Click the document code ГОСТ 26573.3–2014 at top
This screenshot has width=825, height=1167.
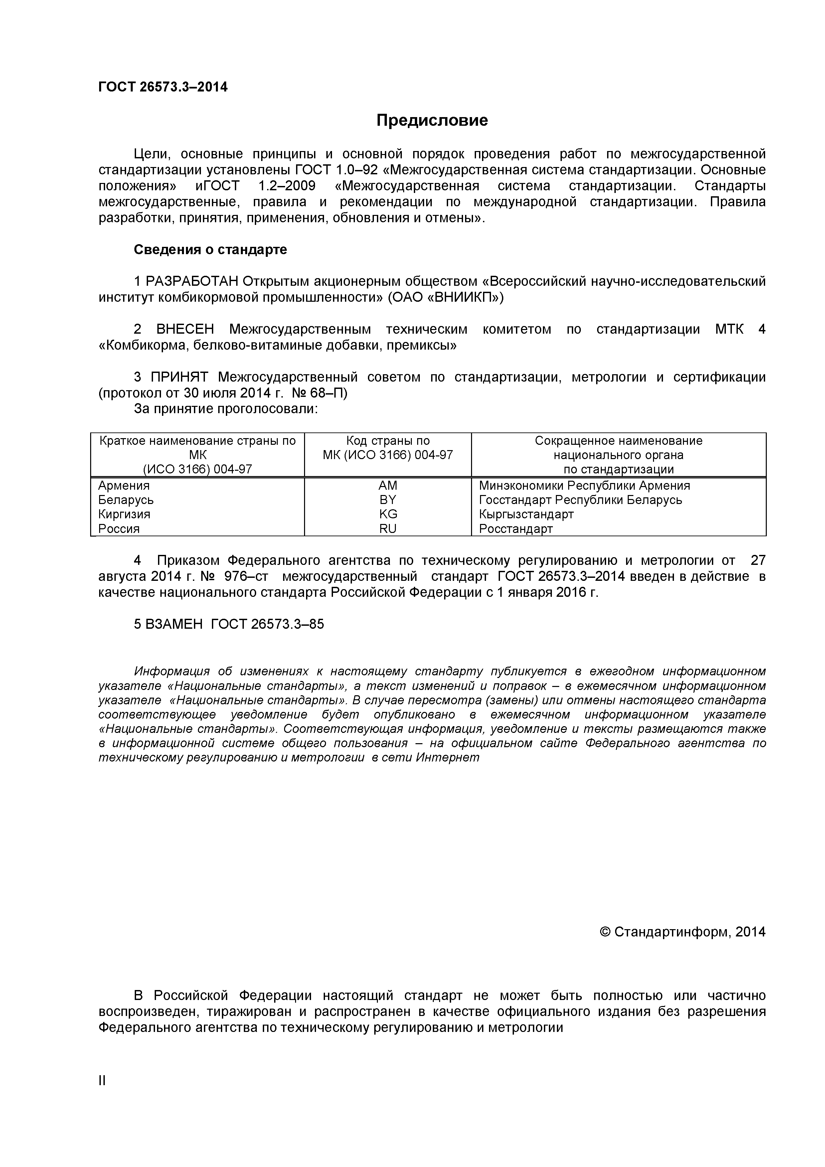coord(163,87)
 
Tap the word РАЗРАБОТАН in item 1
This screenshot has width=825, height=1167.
coord(192,281)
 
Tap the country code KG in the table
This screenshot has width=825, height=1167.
coord(388,514)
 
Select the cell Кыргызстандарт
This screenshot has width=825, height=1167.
coord(526,514)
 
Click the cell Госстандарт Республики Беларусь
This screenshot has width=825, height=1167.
coord(580,500)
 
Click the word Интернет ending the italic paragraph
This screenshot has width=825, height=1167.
coord(447,757)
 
